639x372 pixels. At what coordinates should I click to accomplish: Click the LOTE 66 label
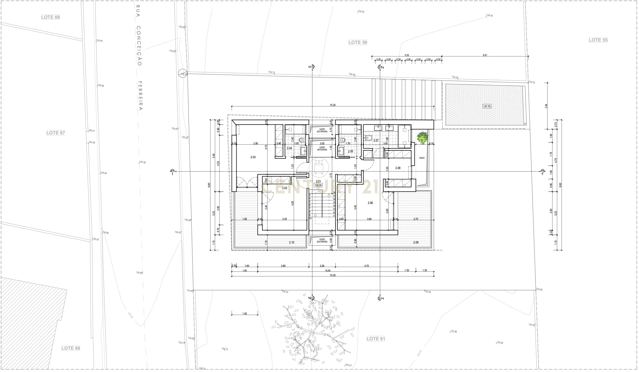(x=51, y=17)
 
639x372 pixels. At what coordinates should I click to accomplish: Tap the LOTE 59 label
(x=357, y=42)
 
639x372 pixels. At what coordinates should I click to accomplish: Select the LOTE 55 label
(x=598, y=40)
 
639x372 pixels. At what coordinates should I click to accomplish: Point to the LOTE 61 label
(x=376, y=339)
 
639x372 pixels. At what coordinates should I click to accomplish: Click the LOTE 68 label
(x=71, y=348)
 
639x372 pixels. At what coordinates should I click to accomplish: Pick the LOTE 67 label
(x=56, y=133)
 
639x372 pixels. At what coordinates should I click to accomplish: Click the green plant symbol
(x=422, y=137)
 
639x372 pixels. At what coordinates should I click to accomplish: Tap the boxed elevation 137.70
(x=487, y=106)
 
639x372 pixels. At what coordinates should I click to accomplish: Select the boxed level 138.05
(x=318, y=185)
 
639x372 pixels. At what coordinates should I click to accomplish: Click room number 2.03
(x=253, y=157)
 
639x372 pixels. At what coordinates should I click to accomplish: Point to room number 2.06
(x=370, y=203)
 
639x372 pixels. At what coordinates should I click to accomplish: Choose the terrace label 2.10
(x=292, y=243)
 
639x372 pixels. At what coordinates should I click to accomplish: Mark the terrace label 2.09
(x=416, y=243)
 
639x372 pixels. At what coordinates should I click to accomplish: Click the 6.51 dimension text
(x=485, y=55)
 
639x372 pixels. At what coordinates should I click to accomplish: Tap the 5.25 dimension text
(x=407, y=55)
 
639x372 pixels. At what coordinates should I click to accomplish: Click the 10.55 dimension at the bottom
(x=328, y=271)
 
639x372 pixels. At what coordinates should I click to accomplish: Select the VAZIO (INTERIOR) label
(x=322, y=149)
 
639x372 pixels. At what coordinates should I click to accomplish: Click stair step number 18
(x=334, y=193)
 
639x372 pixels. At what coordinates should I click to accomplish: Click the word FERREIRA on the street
(x=140, y=96)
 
